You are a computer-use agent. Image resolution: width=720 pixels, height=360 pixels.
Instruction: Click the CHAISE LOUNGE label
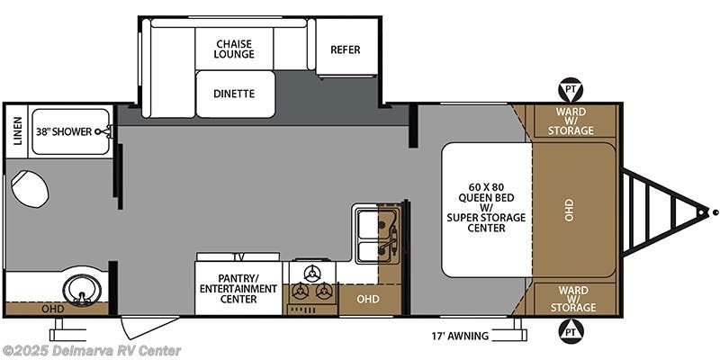click(235, 48)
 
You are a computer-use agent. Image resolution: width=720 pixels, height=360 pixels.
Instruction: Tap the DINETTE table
click(234, 94)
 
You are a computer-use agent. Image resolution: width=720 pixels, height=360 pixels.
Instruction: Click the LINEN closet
click(16, 131)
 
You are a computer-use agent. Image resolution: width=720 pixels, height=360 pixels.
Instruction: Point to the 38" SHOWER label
click(64, 131)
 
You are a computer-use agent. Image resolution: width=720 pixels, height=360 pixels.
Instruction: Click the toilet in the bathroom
click(31, 189)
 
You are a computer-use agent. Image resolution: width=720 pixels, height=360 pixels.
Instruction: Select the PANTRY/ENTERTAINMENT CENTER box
click(238, 287)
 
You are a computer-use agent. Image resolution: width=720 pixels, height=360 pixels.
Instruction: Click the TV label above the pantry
click(238, 256)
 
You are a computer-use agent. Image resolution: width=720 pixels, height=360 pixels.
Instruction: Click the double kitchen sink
click(377, 233)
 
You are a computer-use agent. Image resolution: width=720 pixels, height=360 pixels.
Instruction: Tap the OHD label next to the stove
click(367, 298)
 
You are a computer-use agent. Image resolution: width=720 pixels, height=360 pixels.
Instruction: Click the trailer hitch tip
click(715, 213)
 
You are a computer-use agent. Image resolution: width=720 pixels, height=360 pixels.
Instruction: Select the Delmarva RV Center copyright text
click(92, 350)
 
